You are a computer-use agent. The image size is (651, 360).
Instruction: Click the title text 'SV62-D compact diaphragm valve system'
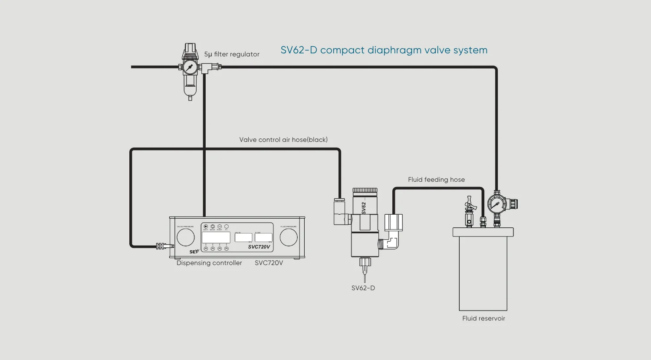point(384,50)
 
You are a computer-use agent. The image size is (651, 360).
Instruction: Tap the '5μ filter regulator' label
point(232,54)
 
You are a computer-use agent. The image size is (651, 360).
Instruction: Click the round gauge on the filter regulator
point(190,67)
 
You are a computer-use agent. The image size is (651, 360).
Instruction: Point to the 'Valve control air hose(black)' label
point(283,140)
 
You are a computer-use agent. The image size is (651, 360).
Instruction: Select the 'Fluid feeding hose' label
point(436,180)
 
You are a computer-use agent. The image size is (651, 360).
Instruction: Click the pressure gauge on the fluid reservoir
point(496,204)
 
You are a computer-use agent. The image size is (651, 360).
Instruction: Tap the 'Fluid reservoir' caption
point(483,318)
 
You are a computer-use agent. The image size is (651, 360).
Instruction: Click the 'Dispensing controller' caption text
point(209,263)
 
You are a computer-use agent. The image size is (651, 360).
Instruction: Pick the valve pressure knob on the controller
point(185,237)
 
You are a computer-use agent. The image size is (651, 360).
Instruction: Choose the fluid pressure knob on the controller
point(289,237)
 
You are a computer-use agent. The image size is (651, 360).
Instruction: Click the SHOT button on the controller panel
point(206,226)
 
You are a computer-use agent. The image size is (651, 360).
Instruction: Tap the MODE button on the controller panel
point(213,226)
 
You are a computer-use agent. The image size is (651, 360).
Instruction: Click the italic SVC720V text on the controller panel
point(259,247)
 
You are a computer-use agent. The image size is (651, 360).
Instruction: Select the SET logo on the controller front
point(194,252)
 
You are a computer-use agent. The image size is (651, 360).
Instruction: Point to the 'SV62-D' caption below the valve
point(363,288)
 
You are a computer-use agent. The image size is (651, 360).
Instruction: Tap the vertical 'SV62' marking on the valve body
point(364,208)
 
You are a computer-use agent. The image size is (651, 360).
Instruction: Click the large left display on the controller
point(216,237)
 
